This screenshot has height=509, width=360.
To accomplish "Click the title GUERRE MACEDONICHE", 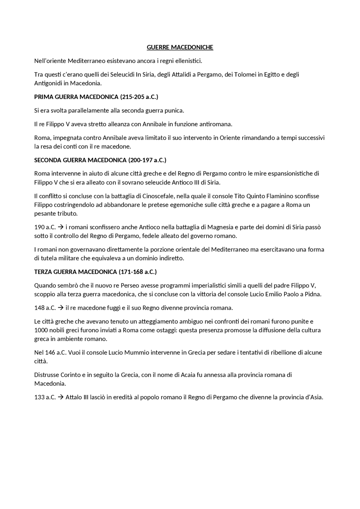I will pos(180,47).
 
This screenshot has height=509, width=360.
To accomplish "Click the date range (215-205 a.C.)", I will pos(139,97).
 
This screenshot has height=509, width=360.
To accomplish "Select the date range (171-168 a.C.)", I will pos(138,272).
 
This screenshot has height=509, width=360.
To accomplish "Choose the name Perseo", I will pos(130,286).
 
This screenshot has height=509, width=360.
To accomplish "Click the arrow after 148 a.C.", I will pos(60,308).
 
